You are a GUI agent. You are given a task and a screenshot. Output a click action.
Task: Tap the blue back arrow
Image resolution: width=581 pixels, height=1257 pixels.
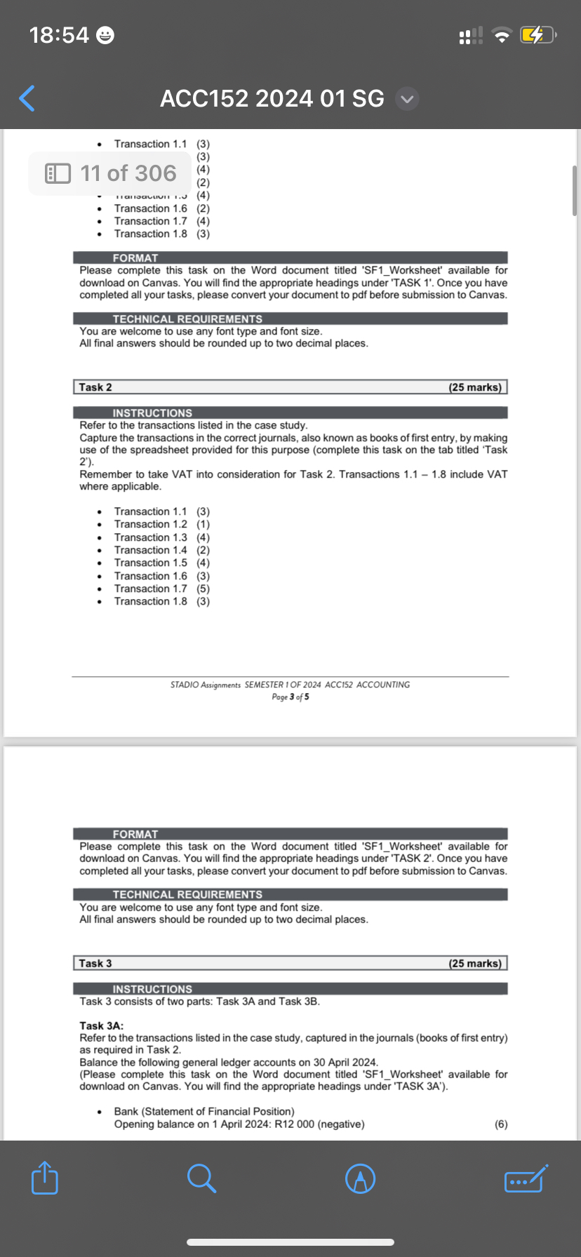tap(27, 98)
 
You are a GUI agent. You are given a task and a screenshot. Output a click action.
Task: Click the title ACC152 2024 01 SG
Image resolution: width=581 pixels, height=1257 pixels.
tap(272, 98)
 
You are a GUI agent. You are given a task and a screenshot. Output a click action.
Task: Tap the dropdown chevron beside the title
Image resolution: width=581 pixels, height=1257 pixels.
tap(407, 99)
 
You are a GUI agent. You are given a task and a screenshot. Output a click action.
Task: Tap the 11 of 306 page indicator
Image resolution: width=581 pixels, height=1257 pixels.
tap(111, 173)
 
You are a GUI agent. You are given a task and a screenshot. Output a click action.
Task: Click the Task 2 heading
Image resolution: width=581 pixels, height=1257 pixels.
tap(95, 387)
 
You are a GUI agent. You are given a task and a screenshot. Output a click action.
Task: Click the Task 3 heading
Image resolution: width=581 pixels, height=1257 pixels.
tap(95, 963)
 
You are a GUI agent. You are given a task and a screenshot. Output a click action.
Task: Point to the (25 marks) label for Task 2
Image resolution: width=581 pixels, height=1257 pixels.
tap(475, 387)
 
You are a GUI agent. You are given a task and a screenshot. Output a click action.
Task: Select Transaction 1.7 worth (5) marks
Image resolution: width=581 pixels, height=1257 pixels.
tap(161, 589)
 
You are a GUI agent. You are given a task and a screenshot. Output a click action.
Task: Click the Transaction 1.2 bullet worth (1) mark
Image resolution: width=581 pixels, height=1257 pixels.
tap(161, 524)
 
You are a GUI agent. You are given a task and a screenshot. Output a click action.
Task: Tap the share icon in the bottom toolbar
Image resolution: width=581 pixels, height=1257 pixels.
tap(45, 1178)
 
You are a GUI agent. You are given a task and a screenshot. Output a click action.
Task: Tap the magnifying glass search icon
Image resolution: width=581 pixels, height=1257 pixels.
tap(201, 1178)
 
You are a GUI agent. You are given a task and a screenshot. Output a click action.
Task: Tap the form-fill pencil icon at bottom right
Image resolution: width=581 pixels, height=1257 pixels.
tap(526, 1178)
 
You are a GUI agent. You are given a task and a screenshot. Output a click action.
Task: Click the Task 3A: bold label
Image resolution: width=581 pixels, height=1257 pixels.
tap(102, 1026)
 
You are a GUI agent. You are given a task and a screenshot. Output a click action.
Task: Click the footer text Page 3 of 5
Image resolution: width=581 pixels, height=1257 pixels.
tap(290, 697)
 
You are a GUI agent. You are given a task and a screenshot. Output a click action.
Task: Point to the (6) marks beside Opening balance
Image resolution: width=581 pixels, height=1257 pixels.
tap(501, 1124)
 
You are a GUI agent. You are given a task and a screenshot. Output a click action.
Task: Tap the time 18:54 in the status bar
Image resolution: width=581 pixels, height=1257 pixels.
tap(60, 34)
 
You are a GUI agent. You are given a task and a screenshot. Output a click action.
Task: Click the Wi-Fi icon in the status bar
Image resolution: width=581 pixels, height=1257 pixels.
tap(501, 35)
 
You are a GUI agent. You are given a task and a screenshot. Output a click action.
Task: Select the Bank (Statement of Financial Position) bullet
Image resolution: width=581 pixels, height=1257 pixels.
tap(203, 1111)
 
